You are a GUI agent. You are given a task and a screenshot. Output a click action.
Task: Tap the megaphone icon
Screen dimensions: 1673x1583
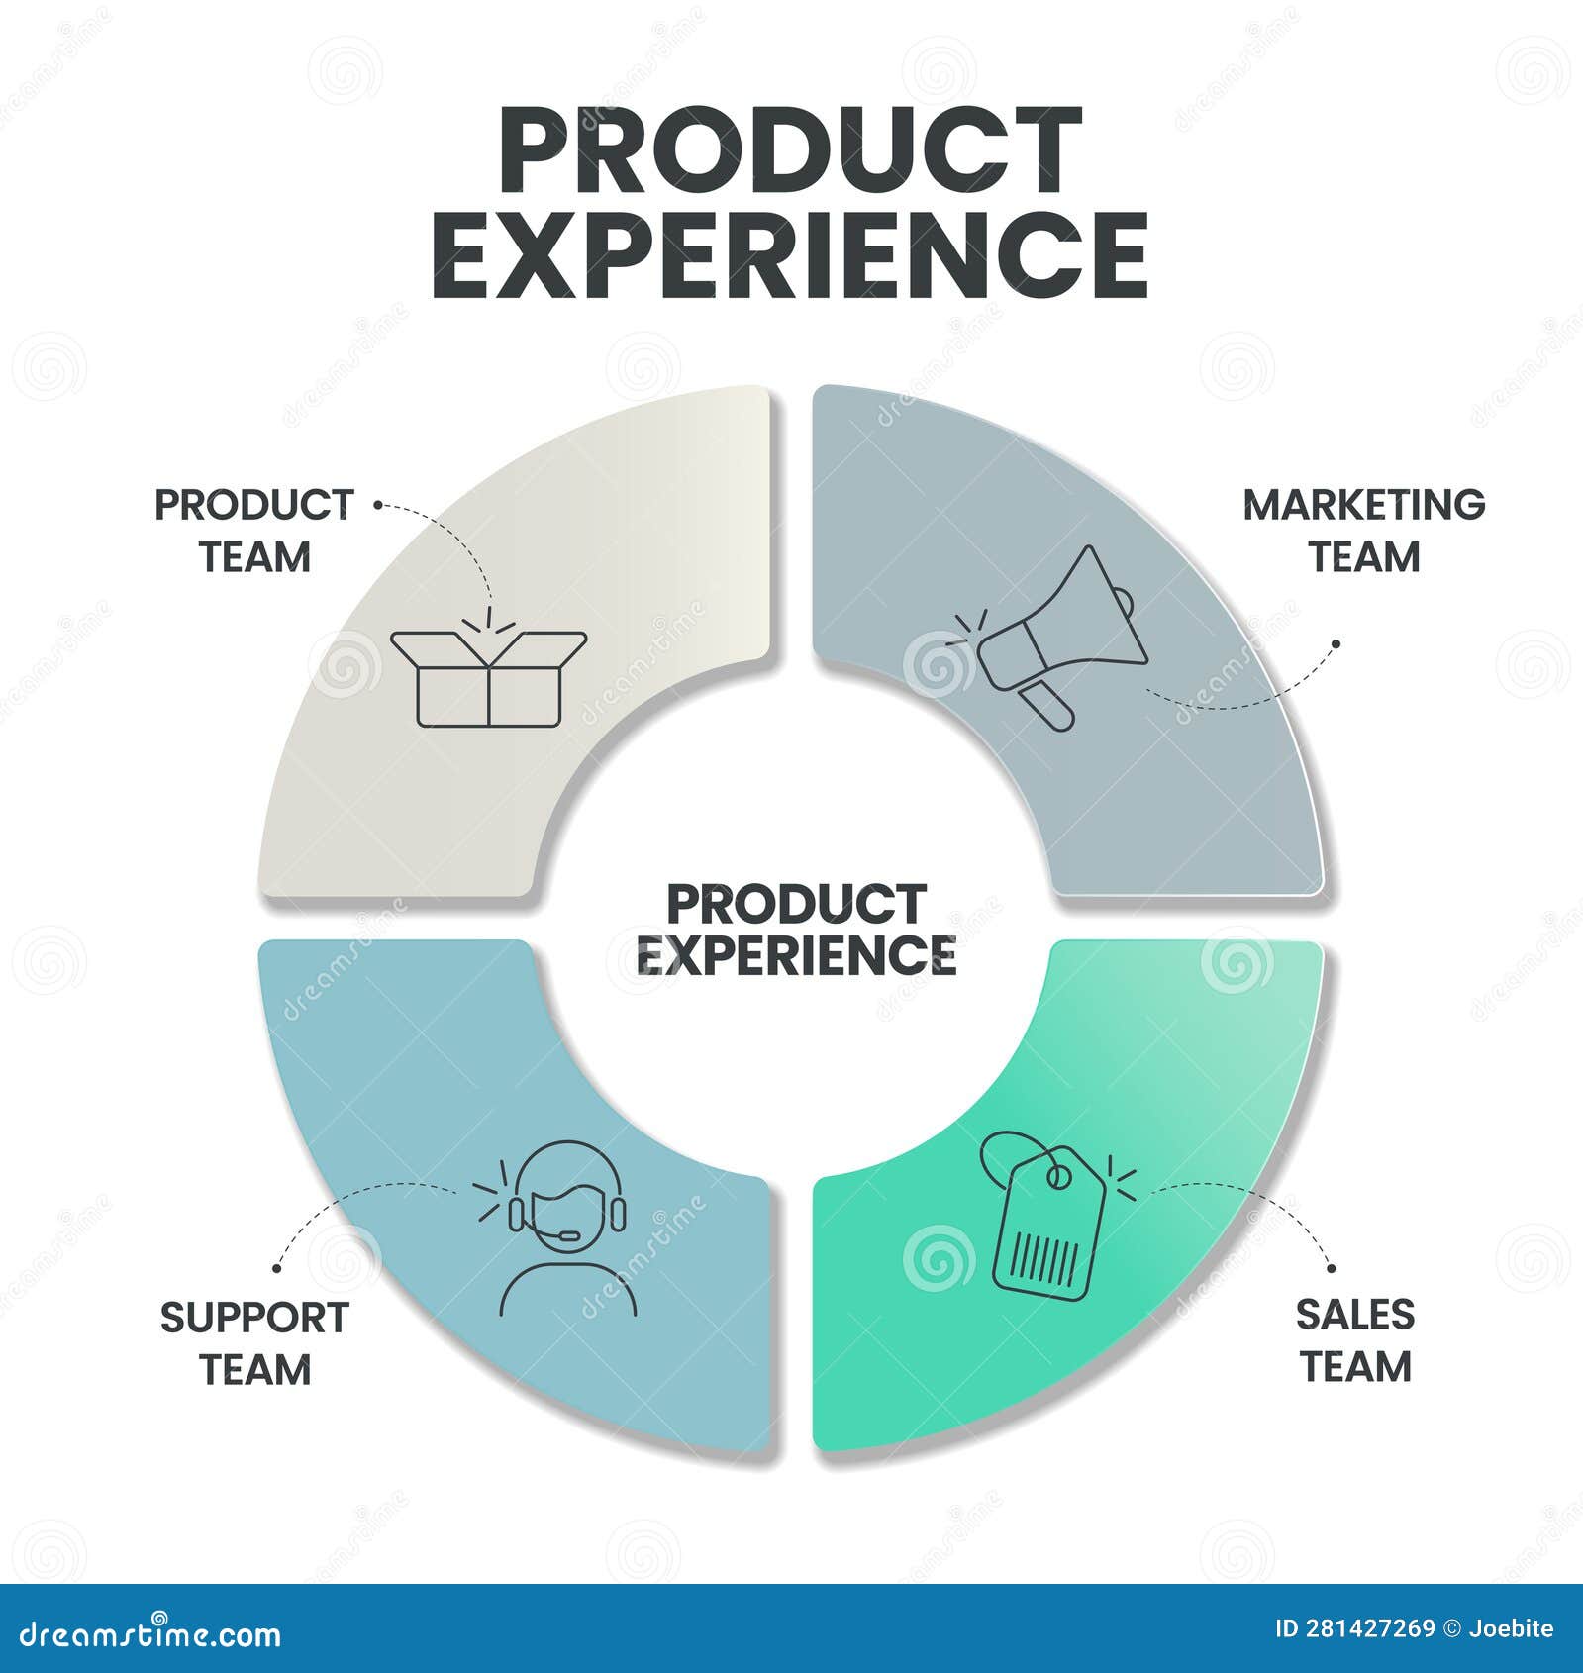(1055, 634)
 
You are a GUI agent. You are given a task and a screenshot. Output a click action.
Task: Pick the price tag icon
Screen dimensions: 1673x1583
(1047, 1218)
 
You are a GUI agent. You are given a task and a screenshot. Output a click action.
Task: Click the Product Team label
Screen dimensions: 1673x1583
(254, 531)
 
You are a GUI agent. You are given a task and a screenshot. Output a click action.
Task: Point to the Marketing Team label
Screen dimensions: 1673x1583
(1364, 531)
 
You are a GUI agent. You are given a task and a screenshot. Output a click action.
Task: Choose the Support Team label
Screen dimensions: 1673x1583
(254, 1343)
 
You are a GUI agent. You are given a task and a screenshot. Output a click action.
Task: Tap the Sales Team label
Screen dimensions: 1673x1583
(1355, 1340)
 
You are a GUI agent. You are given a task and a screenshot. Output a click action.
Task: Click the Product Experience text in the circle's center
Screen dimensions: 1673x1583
(796, 930)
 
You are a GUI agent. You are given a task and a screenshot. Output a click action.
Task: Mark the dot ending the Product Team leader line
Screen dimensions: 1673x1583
(377, 504)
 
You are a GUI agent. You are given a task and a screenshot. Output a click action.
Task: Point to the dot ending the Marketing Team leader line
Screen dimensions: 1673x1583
(1336, 643)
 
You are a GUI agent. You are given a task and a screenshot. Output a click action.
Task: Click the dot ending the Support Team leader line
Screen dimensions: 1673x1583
(277, 1267)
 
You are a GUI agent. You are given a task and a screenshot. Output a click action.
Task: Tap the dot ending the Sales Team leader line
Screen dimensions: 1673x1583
(1331, 1268)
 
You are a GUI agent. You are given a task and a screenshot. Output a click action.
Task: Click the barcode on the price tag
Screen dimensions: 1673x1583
(1046, 1258)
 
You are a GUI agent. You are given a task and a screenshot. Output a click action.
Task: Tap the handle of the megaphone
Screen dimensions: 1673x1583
(1048, 704)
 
